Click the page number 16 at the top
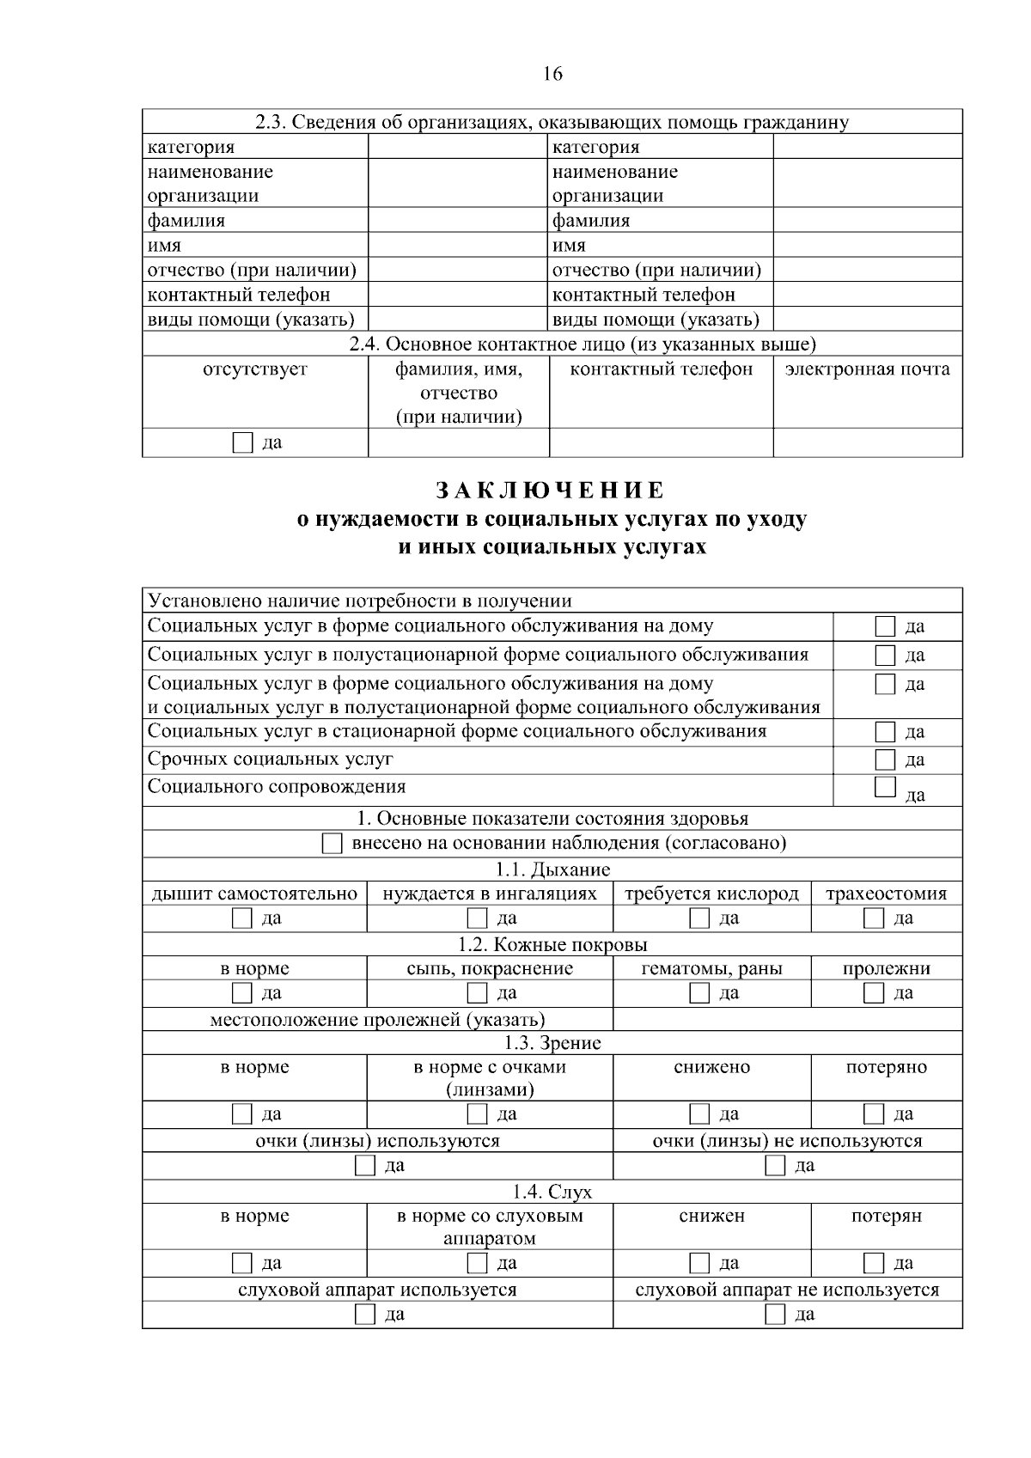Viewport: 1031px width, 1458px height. point(552,74)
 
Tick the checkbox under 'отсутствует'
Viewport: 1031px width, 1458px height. point(243,443)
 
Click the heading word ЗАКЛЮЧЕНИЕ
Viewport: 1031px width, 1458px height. point(552,491)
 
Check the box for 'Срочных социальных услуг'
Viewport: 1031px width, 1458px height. point(885,760)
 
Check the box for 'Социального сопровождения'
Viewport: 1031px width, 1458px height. point(885,787)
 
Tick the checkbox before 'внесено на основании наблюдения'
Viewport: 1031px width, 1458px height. point(332,844)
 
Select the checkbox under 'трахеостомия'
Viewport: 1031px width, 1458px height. point(874,918)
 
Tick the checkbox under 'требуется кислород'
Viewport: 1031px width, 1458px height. point(699,918)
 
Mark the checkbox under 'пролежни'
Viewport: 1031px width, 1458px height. point(874,993)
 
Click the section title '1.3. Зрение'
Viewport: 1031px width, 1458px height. point(552,1043)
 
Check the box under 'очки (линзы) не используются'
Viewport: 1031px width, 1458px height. point(776,1166)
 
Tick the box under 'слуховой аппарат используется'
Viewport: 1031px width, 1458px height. point(365,1315)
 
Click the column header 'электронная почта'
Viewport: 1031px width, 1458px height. point(868,369)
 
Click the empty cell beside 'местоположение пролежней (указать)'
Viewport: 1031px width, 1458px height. point(787,1020)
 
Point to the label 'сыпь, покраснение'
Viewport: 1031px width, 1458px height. point(490,969)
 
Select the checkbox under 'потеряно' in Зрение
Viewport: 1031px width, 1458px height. point(874,1114)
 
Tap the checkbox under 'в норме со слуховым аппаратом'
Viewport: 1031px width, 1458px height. point(477,1263)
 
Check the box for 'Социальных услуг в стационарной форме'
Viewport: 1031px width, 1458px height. point(885,732)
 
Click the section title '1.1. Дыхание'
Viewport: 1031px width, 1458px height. point(552,869)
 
